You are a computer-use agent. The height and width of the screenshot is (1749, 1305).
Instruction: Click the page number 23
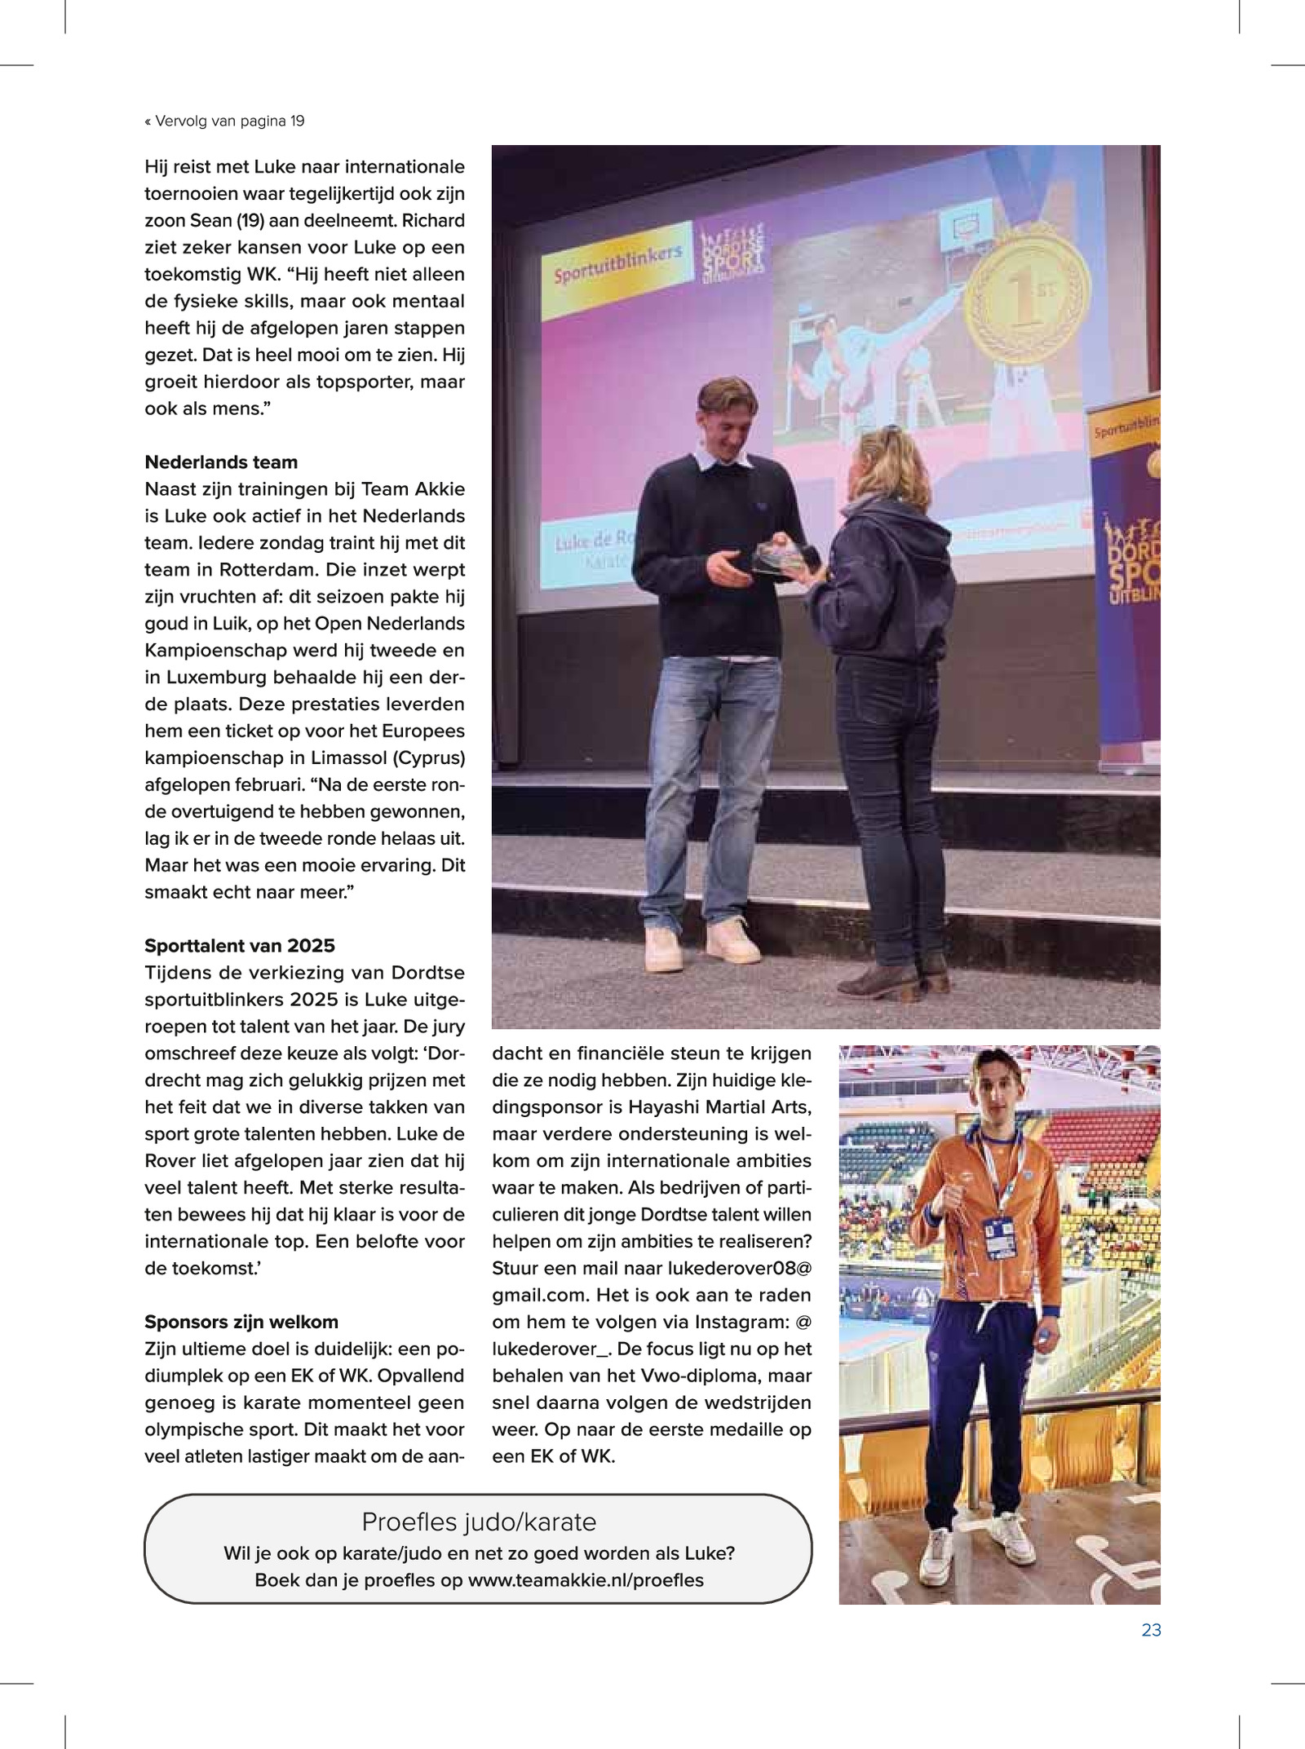1151,1630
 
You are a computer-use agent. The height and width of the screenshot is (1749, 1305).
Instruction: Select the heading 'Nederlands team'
221,462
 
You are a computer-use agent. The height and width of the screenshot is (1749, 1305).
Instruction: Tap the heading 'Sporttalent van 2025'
240,946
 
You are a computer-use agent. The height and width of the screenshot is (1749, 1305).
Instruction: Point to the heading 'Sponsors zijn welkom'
241,1322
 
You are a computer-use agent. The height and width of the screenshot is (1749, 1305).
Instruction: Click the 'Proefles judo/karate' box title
479,1522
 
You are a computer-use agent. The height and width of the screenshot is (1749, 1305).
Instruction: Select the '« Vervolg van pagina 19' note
224,121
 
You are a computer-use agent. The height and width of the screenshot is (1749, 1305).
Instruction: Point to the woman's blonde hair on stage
892,465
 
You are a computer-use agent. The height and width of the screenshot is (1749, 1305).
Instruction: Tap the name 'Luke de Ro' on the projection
594,539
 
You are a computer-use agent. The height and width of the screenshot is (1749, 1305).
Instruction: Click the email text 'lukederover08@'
739,1268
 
